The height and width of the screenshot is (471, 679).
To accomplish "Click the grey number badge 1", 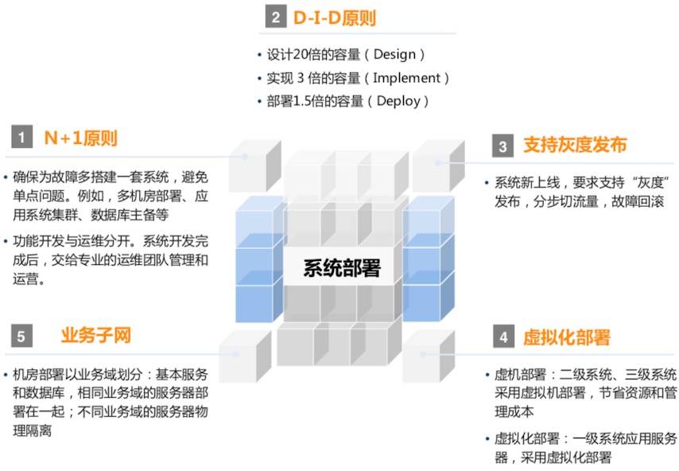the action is point(21,137).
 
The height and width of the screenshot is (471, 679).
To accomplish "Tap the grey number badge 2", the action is point(276,18).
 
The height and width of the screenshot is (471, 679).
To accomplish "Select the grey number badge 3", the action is point(502,146).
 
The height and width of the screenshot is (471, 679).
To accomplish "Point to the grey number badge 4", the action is point(503,337).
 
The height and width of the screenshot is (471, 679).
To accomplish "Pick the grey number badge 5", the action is point(21,337).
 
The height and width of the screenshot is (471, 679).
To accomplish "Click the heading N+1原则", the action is point(80,138).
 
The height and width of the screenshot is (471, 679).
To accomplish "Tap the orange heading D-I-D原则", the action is point(334,18).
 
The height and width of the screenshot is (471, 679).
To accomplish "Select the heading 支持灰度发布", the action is point(575,145).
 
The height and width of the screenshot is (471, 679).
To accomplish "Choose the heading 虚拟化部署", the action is point(566,337).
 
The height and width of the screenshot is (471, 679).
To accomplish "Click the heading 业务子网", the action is point(96,336).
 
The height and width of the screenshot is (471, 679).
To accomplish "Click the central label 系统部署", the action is point(342,268).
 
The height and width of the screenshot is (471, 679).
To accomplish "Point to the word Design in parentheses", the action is point(394,54).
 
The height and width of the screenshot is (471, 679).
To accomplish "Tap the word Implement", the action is point(406,77).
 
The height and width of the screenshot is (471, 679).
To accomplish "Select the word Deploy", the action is point(398,101).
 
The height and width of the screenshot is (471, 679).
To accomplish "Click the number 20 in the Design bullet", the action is point(301,54).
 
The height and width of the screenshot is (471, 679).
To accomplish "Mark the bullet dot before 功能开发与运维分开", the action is point(6,241).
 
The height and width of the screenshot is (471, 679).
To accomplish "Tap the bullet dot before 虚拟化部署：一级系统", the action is point(487,438).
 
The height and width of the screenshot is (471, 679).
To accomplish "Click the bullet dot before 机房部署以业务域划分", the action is point(6,374).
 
